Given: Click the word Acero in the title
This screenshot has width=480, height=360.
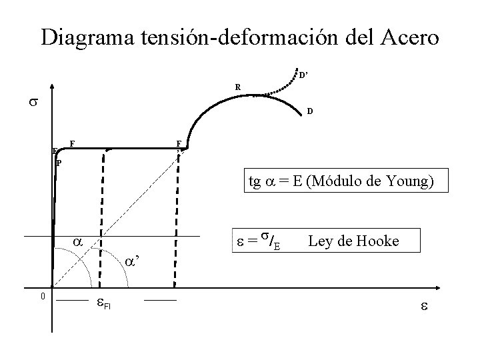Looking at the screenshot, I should [407, 37].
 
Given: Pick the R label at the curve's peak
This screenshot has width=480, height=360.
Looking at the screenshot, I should [237, 87].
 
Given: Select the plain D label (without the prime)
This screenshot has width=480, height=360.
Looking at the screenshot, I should [309, 112].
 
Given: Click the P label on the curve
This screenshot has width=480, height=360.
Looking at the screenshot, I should [59, 163].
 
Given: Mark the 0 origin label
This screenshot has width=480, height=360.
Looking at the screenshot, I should [42, 296].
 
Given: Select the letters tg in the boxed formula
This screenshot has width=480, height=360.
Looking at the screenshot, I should [254, 181].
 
